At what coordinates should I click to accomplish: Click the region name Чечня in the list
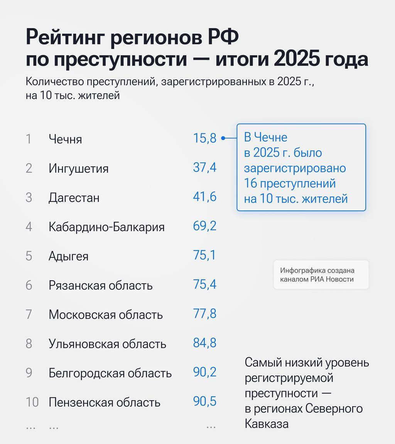click(x=65, y=139)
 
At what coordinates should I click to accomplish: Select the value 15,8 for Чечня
click(x=205, y=138)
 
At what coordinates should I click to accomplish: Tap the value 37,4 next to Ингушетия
click(x=205, y=168)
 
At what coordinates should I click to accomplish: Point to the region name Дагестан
click(x=74, y=198)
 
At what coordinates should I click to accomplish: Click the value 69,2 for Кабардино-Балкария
click(x=205, y=226)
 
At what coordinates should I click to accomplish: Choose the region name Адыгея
click(x=68, y=256)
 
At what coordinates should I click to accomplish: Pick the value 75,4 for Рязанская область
click(x=205, y=285)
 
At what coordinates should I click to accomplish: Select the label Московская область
click(x=106, y=314)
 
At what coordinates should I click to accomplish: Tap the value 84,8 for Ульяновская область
click(x=205, y=343)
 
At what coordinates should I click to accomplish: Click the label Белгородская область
click(x=110, y=373)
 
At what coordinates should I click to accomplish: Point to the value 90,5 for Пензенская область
click(x=205, y=402)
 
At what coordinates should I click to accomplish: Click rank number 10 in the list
click(x=32, y=402)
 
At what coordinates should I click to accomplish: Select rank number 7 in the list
click(x=29, y=314)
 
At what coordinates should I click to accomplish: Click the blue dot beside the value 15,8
click(x=223, y=139)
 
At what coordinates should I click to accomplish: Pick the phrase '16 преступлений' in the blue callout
click(x=290, y=183)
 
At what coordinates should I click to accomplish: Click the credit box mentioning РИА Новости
click(x=321, y=275)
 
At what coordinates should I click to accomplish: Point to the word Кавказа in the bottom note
click(x=267, y=424)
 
